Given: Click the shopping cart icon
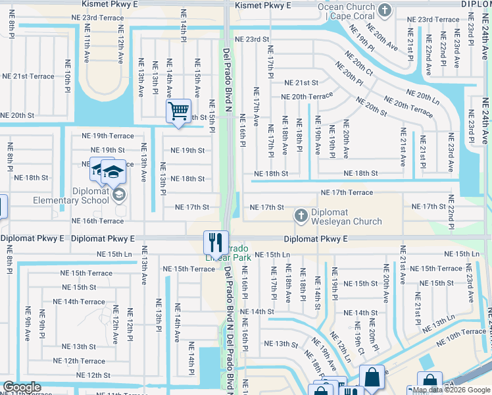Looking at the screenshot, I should click(178, 111).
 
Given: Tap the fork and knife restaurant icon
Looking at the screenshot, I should click(215, 242).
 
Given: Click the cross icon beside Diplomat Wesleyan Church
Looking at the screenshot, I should click(301, 215).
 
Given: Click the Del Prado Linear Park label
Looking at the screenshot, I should click(228, 252).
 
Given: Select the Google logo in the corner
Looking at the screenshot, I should click(22, 387).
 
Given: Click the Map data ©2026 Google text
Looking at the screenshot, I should click(451, 390).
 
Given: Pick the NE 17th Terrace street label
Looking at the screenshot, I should click(347, 192).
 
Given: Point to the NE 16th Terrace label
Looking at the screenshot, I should click(97, 221).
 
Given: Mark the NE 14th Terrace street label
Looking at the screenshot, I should click(79, 302).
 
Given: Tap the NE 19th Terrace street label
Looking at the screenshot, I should click(107, 136).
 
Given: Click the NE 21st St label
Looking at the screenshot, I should click(301, 83).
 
